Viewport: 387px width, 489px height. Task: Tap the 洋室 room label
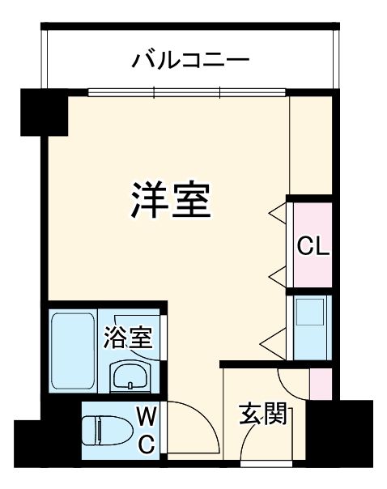click(x=171, y=200)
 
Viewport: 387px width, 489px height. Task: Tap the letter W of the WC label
click(x=147, y=417)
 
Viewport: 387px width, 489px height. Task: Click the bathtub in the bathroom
click(x=74, y=351)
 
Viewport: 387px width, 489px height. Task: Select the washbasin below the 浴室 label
click(x=130, y=376)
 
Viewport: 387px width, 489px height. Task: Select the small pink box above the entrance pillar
click(x=321, y=383)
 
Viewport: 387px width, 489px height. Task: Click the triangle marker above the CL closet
click(x=278, y=214)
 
